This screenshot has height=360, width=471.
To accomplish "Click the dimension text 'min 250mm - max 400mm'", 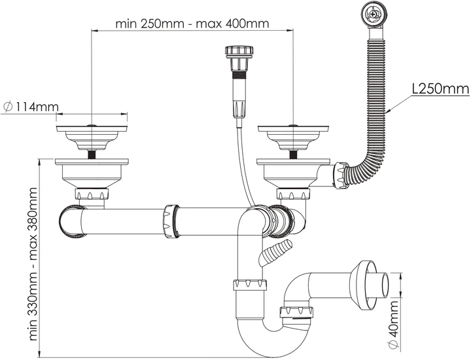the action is tap(192, 24).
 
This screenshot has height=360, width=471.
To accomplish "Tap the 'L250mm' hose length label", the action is tap(440, 88).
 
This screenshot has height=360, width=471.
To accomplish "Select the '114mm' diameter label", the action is tap(31, 107).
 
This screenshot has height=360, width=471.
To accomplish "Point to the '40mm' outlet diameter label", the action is tap(394, 325).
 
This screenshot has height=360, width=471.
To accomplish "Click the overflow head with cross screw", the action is tap(372, 14).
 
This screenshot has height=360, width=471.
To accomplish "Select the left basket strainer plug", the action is tap(92, 137).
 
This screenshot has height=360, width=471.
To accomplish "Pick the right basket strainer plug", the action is tap(293, 137).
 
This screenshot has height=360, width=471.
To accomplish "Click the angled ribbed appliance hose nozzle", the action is tap(275, 251).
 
